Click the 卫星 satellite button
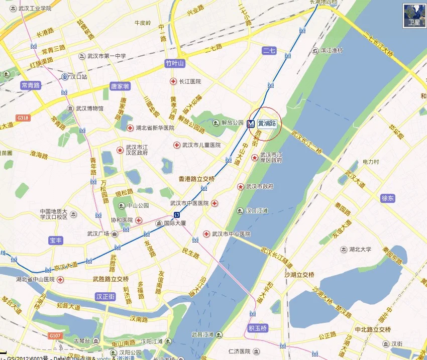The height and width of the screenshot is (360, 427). [x=414, y=16]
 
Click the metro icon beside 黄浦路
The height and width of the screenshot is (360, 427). [x=251, y=124]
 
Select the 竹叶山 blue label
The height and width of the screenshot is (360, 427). [x=175, y=63]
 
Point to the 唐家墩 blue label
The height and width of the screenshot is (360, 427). [x=120, y=86]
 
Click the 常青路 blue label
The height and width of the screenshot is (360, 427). [x=31, y=85]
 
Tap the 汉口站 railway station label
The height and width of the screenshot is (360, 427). [x=77, y=77]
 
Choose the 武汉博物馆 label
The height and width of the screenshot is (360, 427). [x=89, y=108]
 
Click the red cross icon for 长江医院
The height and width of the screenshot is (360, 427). [x=173, y=81]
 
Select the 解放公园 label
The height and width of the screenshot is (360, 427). [x=233, y=123]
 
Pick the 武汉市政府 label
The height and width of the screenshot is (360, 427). [x=260, y=187]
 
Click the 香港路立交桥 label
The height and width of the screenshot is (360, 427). [x=197, y=179]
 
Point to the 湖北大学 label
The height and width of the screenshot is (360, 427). [x=359, y=250]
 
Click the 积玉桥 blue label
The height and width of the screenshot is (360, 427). [x=258, y=328]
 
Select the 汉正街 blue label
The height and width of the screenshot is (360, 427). [x=105, y=297]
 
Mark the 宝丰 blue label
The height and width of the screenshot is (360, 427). [x=55, y=241]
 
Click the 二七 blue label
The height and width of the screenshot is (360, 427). [x=269, y=50]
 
